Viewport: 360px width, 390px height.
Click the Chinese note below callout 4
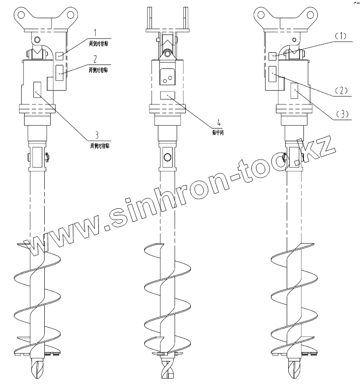point(212,133)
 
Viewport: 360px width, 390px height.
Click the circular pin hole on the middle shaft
point(168,157)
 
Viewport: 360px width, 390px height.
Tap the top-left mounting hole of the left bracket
point(22,14)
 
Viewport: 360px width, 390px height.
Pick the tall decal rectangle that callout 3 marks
point(37,90)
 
